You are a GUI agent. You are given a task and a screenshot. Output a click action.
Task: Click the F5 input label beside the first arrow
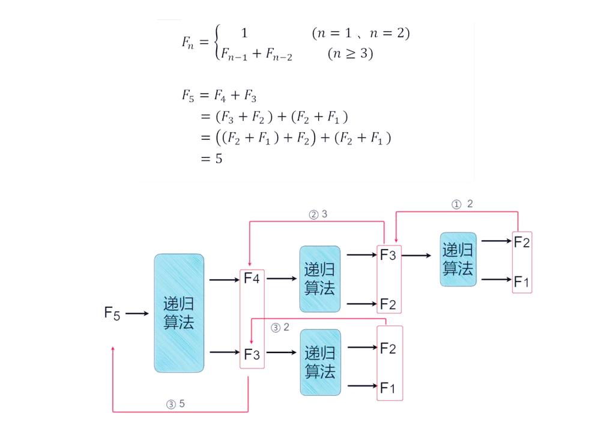pos(112,313)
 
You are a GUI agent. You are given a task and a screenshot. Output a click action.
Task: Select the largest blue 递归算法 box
pos(179,313)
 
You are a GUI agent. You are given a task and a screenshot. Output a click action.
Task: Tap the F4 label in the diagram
pos(252,279)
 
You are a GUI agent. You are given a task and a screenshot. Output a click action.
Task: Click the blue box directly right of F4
pos(320,279)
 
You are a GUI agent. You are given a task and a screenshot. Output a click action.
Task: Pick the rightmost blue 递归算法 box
pos(458,259)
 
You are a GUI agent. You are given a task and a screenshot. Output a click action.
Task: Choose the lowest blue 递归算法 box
pos(320,362)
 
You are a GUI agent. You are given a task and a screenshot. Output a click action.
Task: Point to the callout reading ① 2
pos(462,204)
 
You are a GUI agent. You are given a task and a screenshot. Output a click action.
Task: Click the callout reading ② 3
pos(318,214)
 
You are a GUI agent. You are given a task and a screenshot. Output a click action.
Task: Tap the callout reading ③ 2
pos(280,328)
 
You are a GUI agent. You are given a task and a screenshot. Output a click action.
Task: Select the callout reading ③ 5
pos(176,404)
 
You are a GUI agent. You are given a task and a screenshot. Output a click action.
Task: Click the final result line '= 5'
pos(211,159)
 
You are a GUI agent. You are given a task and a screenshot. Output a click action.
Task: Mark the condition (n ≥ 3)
pos(350,54)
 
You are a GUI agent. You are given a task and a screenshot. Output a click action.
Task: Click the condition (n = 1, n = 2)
pos(360,34)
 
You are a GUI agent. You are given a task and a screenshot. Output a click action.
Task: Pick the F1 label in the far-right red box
pos(522,280)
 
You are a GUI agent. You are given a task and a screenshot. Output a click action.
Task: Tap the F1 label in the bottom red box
pos(388,388)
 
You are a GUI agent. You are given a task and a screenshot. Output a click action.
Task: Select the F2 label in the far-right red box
pos(522,242)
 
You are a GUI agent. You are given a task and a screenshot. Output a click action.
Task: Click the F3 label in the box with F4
pos(252,354)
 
